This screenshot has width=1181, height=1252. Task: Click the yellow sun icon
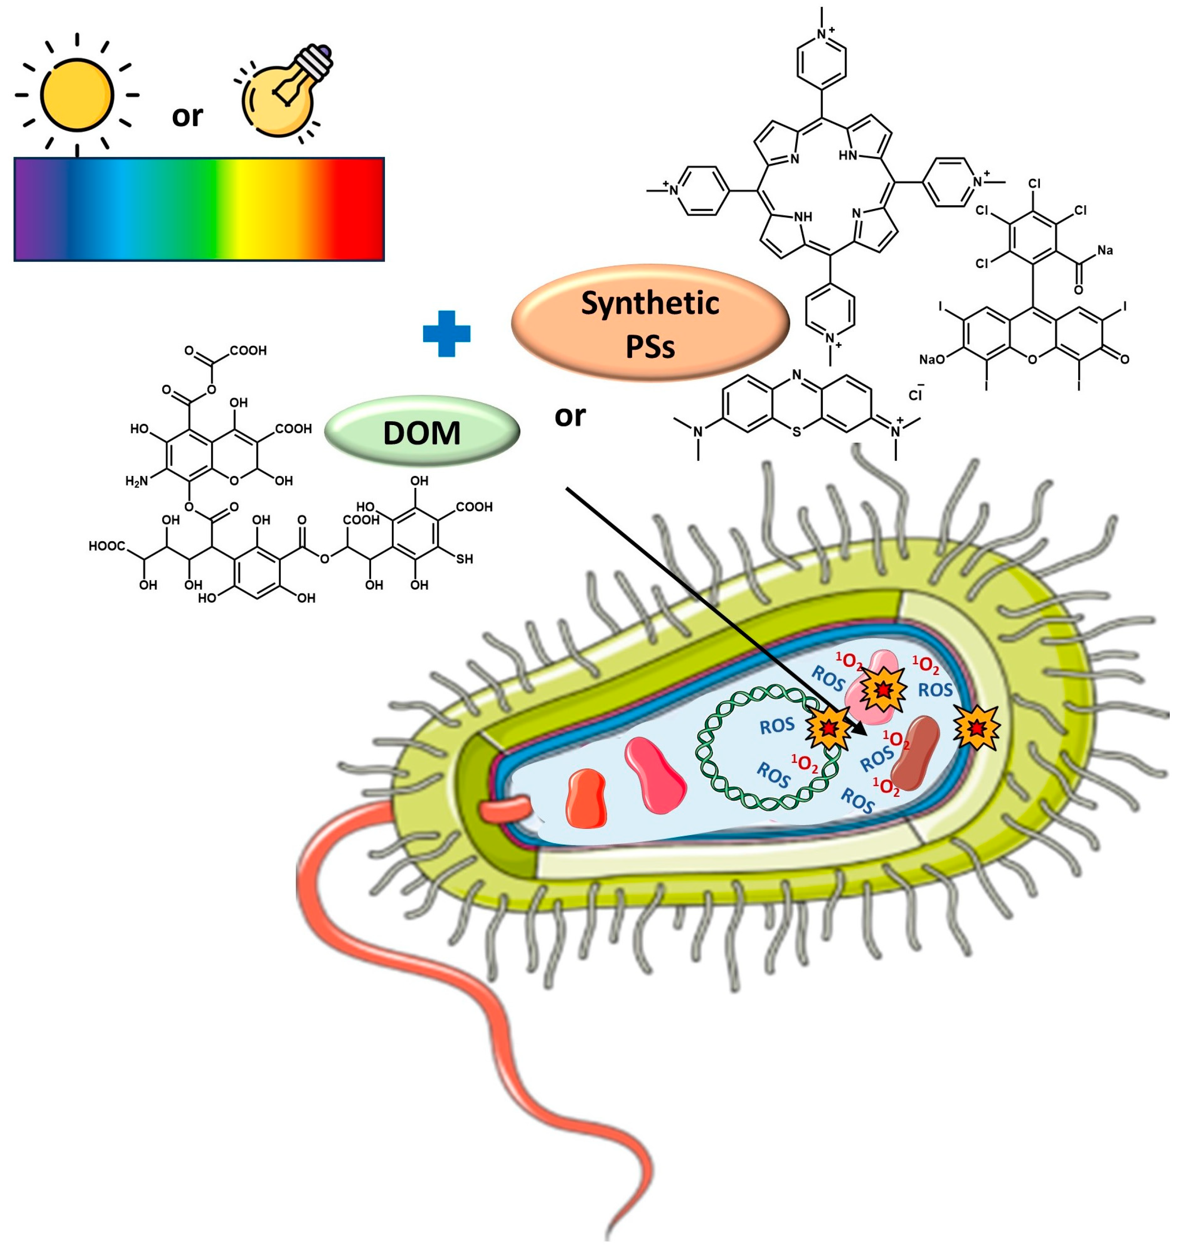click(x=77, y=95)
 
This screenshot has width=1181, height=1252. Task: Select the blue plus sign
click(x=446, y=334)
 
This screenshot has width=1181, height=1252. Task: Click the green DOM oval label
click(x=422, y=432)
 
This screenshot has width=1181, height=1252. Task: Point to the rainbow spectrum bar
click(x=199, y=209)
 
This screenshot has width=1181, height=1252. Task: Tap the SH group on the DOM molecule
click(x=464, y=558)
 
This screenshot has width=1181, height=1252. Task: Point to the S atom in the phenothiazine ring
click(x=797, y=432)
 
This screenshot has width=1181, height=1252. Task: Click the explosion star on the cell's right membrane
click(x=976, y=728)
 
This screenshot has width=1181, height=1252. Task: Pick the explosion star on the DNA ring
click(x=828, y=729)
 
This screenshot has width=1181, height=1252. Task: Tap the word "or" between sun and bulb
click(x=188, y=116)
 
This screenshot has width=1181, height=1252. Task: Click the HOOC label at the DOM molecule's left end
click(x=107, y=546)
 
